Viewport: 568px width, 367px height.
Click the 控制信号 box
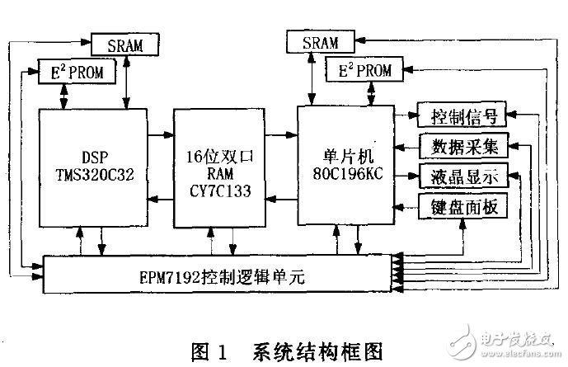(x=461, y=114)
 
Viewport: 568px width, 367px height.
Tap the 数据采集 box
(x=461, y=146)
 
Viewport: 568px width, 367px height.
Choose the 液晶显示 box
(x=461, y=176)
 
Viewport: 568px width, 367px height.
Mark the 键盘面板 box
(x=461, y=205)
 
